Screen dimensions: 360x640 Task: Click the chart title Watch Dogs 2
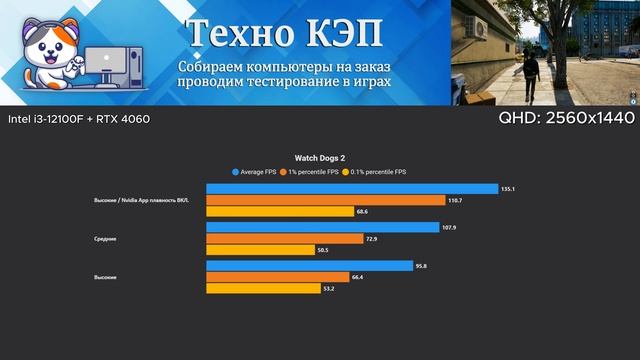coord(320,157)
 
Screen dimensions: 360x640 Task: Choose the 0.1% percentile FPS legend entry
coord(375,171)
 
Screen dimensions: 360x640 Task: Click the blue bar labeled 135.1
coord(352,188)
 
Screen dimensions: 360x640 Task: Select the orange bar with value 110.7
coord(326,200)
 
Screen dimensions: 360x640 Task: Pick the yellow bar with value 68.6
coord(280,212)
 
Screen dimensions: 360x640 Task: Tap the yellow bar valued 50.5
coord(260,251)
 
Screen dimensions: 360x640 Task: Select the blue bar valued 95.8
coord(310,265)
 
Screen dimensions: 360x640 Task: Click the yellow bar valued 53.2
coord(263,289)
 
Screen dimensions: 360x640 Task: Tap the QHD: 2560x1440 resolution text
coord(567,119)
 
